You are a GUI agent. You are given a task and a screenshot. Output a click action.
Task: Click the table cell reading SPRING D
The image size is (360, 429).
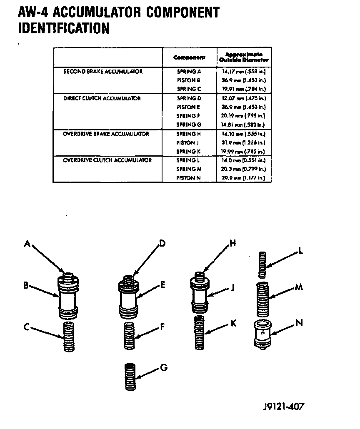click(189, 98)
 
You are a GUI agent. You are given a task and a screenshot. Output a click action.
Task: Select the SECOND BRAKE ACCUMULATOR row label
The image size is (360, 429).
click(103, 72)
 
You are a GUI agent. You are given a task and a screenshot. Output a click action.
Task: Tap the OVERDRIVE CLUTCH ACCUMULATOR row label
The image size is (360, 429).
click(107, 160)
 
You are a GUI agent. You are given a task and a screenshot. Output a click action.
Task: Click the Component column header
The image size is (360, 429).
click(189, 57)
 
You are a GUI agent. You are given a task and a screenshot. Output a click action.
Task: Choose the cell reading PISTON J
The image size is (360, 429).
click(186, 142)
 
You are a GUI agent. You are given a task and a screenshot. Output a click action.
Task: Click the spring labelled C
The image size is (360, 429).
click(69, 336)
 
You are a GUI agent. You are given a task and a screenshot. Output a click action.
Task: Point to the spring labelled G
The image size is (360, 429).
click(131, 377)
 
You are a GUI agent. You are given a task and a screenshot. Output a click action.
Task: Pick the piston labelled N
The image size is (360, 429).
click(262, 334)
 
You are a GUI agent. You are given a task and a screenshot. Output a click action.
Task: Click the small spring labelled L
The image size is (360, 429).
click(262, 264)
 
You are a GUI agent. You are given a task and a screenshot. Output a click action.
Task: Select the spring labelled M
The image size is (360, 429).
click(262, 298)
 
